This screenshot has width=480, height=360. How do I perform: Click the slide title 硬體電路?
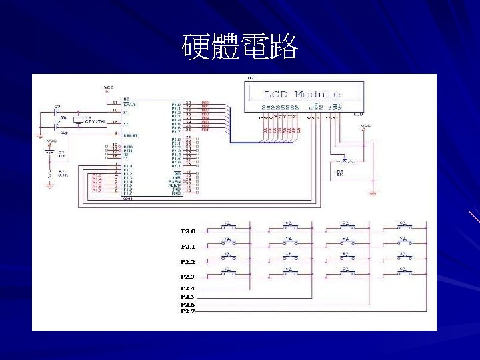(x=240, y=47)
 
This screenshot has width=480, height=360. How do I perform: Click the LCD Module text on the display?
(x=303, y=95)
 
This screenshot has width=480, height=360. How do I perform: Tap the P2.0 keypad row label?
(x=188, y=231)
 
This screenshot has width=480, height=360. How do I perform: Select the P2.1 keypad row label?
(x=188, y=247)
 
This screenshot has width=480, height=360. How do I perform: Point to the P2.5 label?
(x=188, y=296)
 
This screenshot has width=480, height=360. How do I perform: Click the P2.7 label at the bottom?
(x=188, y=311)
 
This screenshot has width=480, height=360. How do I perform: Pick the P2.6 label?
(x=188, y=304)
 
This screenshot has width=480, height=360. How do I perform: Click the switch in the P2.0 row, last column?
(x=403, y=225)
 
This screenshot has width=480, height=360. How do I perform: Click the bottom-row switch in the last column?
(x=403, y=271)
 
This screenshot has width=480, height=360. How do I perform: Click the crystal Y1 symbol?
(x=79, y=121)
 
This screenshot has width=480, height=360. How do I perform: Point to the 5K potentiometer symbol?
(x=343, y=162)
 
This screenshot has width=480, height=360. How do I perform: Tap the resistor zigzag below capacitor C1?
(x=49, y=175)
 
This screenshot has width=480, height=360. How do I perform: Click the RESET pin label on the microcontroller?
(x=130, y=135)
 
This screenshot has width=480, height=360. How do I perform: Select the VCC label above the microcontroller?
(x=109, y=87)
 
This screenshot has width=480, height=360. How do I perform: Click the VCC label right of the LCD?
(x=365, y=125)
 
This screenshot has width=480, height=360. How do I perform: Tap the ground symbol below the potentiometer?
(x=373, y=193)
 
